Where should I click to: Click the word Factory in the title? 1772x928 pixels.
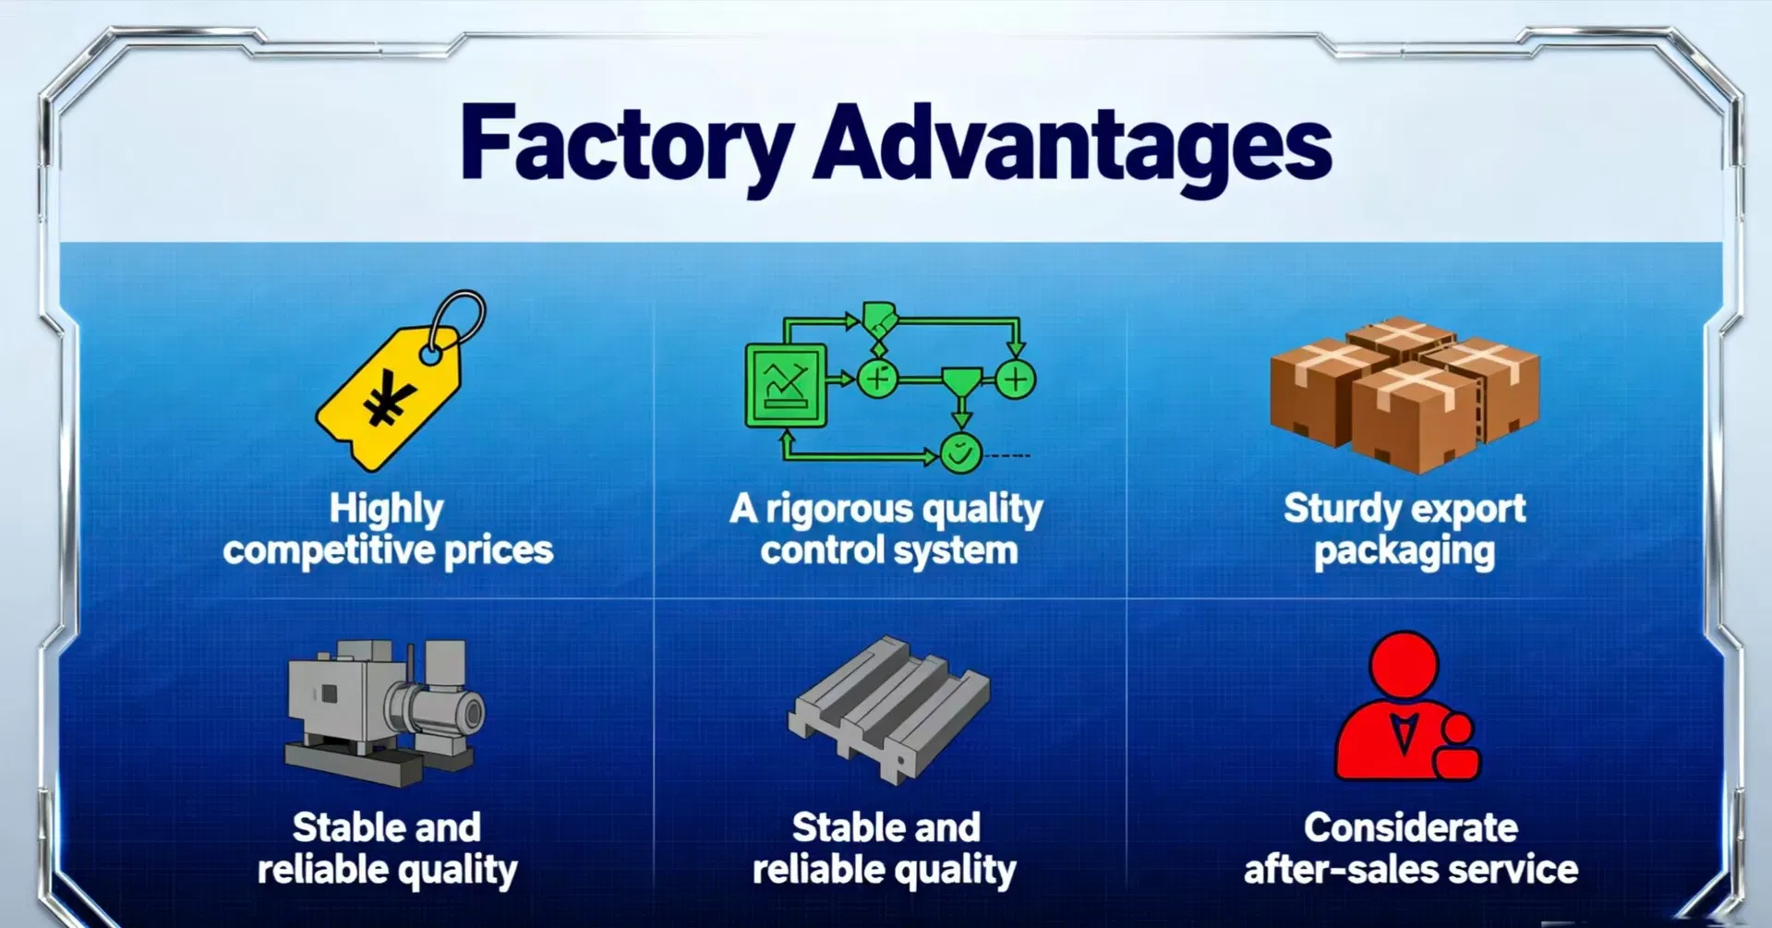click(626, 146)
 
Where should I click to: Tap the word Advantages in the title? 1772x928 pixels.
click(1072, 146)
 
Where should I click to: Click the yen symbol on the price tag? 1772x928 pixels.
click(388, 399)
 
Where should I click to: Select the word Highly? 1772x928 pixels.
click(386, 509)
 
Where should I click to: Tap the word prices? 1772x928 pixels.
click(499, 551)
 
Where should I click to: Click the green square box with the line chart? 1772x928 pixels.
click(786, 385)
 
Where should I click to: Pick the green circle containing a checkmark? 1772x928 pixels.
click(960, 453)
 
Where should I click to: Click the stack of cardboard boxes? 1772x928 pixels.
click(1404, 394)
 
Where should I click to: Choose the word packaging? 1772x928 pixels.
click(1404, 552)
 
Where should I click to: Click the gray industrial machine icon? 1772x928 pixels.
click(383, 711)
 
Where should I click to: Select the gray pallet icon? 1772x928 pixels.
click(888, 709)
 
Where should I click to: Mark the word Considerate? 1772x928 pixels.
click(1410, 827)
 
